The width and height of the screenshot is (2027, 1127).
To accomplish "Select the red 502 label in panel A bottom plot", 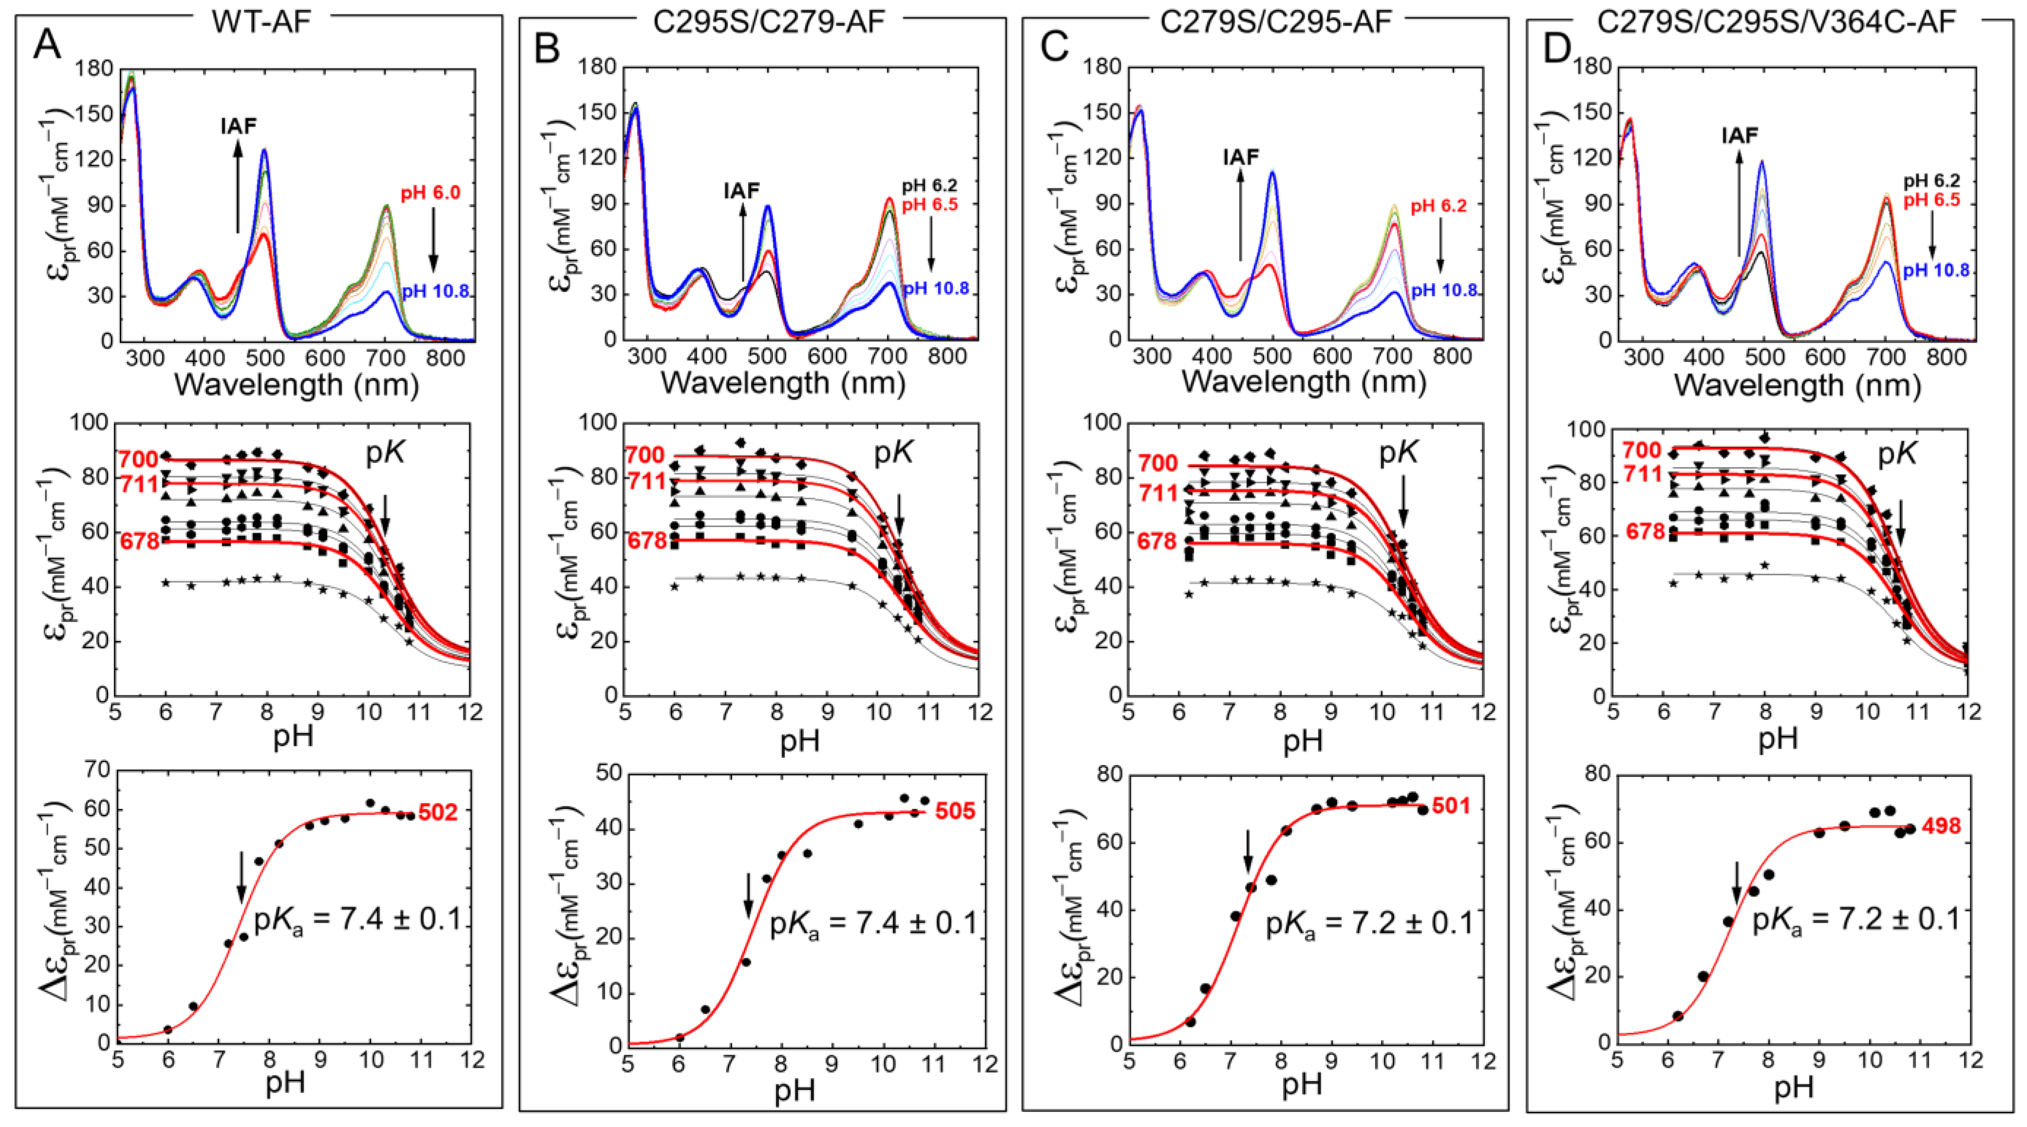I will [x=438, y=812].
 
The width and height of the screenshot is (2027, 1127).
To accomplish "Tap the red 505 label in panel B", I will [x=955, y=811].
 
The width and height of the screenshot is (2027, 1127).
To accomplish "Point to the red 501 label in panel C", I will [x=1450, y=805].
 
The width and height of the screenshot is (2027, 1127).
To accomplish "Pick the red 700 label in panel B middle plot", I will [x=645, y=455].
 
